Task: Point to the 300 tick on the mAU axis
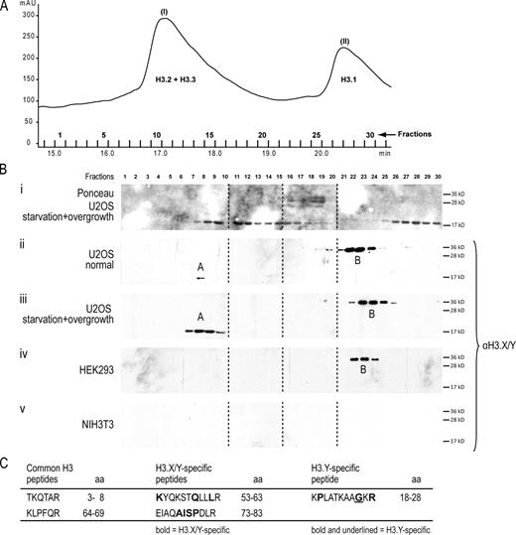click(x=28, y=17)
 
